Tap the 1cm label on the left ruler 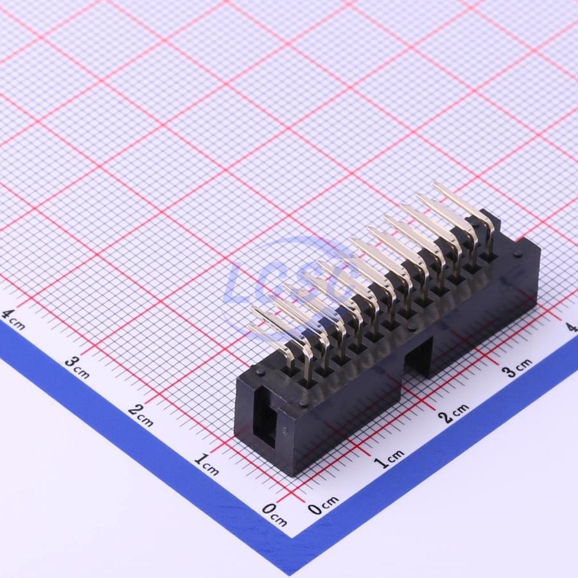click(207, 464)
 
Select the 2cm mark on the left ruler click(141, 415)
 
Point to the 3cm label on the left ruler click(78, 367)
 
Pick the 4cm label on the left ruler click(13, 319)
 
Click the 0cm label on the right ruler click(323, 505)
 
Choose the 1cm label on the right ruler click(389, 458)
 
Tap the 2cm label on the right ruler click(454, 412)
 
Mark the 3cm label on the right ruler click(518, 367)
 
